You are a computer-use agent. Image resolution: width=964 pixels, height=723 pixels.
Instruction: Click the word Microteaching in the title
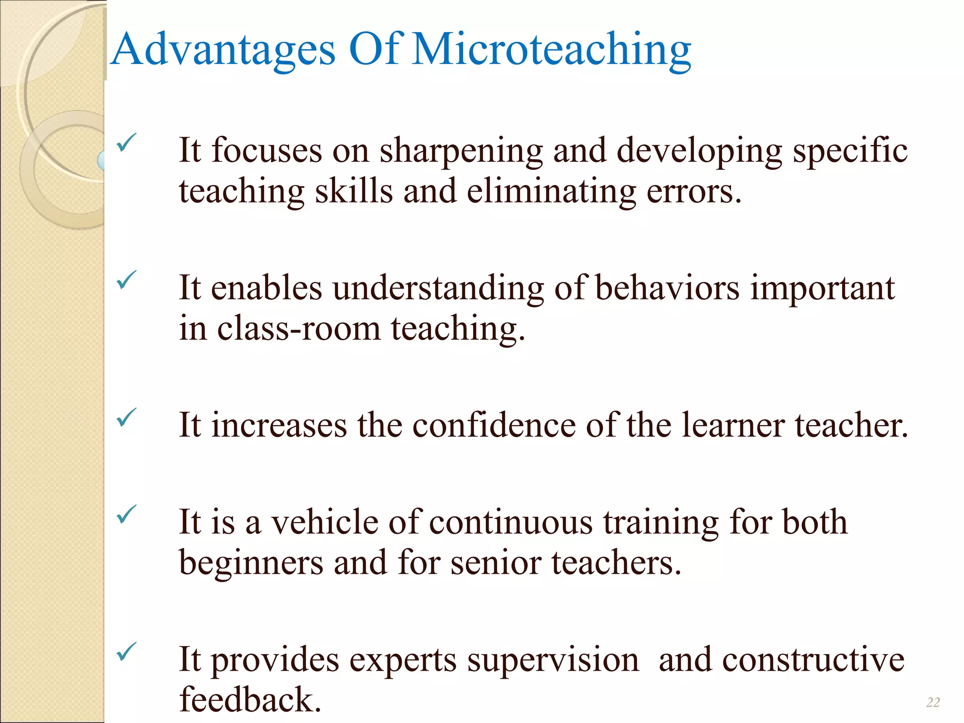pyautogui.click(x=552, y=50)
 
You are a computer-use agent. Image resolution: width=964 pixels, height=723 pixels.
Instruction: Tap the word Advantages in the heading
pyautogui.click(x=224, y=50)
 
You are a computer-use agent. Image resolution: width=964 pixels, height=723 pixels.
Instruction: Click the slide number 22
pyautogui.click(x=933, y=702)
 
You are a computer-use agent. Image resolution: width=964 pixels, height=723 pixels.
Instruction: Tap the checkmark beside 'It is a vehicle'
pyautogui.click(x=126, y=514)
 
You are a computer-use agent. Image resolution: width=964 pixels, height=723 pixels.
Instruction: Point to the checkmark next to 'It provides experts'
pyautogui.click(x=126, y=651)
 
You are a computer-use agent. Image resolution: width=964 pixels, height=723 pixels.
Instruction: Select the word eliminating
pyautogui.click(x=551, y=192)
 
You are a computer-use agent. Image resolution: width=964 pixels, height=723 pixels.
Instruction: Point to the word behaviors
pyautogui.click(x=667, y=288)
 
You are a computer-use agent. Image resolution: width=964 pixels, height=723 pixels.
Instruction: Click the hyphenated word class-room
pyautogui.click(x=298, y=329)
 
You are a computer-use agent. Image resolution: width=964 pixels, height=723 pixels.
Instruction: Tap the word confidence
pyautogui.click(x=494, y=426)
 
